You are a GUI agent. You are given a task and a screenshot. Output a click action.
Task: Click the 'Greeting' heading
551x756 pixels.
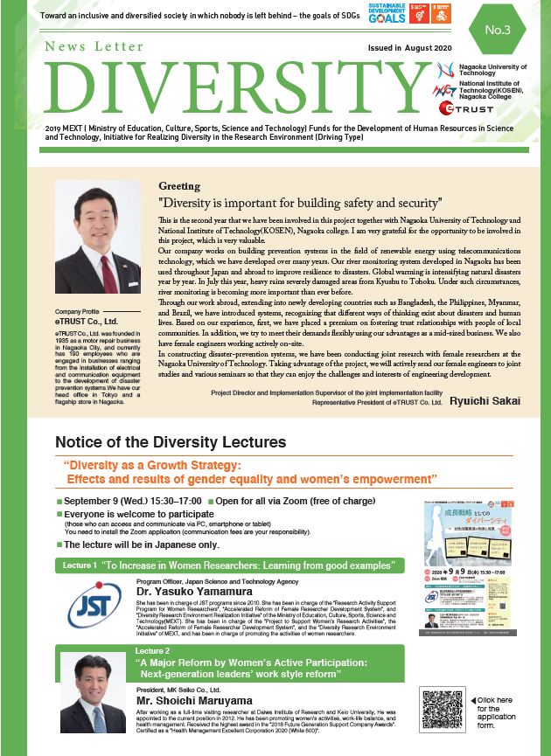pyautogui.click(x=179, y=186)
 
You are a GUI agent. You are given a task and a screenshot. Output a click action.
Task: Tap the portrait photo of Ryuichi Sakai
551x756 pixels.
pyautogui.click(x=97, y=236)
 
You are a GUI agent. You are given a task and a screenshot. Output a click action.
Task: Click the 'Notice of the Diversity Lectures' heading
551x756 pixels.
pyautogui.click(x=171, y=442)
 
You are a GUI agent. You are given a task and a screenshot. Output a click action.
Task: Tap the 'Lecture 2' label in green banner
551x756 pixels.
pyautogui.click(x=155, y=651)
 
